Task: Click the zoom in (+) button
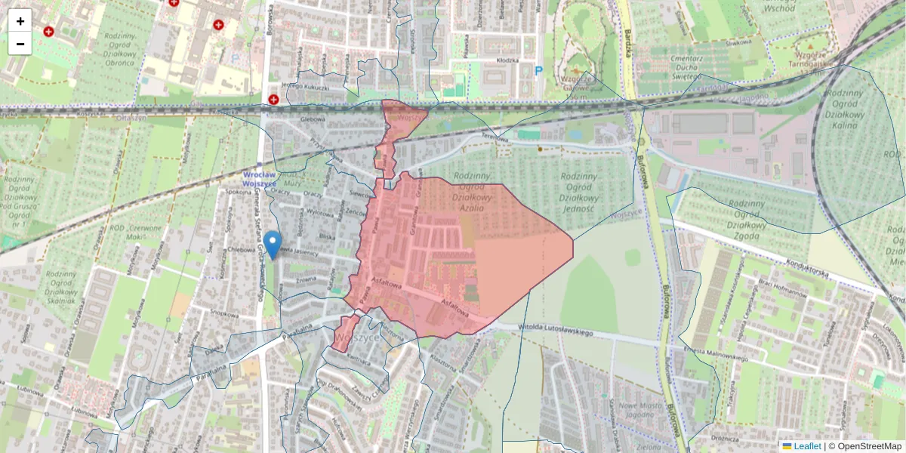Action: pos(20,20)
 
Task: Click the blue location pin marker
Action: pos(273,244)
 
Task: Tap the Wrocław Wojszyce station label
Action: pos(260,179)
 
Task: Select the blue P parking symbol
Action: pos(538,71)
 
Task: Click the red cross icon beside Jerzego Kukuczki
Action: pos(273,99)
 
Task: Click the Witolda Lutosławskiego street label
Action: pos(557,330)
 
